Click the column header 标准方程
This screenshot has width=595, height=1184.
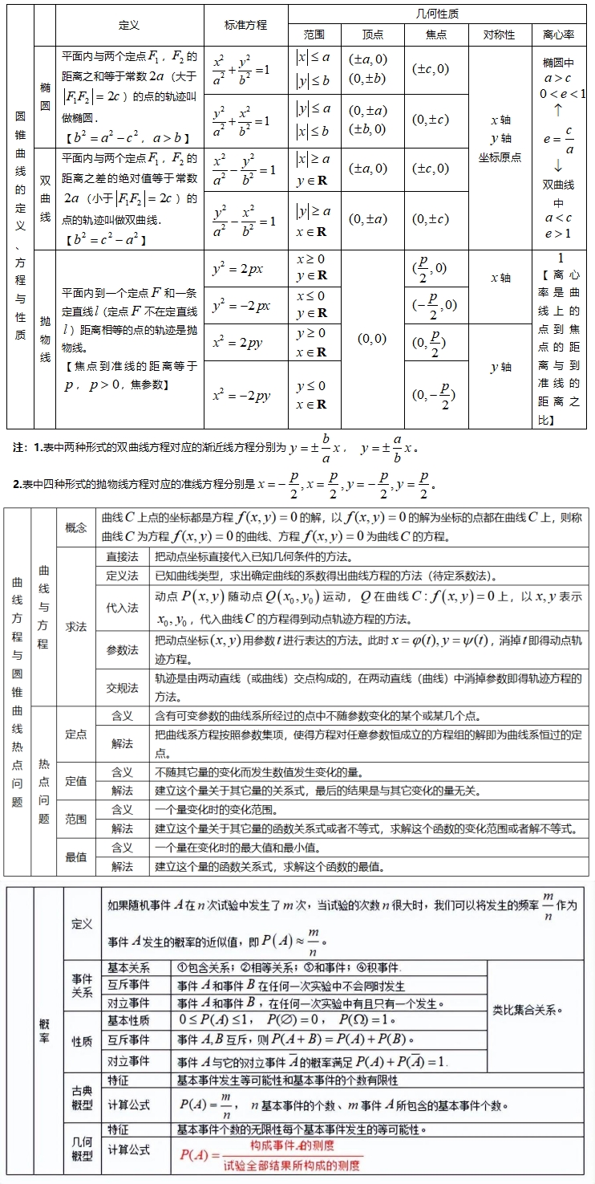[245, 25]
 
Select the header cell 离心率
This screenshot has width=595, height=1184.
[559, 35]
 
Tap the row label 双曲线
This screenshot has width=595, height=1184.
[45, 197]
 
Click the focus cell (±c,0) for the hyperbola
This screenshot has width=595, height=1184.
[430, 169]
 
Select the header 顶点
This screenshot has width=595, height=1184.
[373, 35]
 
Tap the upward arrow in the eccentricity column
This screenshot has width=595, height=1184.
[558, 110]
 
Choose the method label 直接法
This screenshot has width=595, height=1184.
[122, 556]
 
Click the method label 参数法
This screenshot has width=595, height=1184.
[122, 649]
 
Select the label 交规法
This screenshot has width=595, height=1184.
[122, 687]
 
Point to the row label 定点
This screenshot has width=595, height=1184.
[76, 734]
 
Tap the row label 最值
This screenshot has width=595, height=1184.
[76, 856]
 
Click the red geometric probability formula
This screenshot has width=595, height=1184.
[269, 1156]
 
